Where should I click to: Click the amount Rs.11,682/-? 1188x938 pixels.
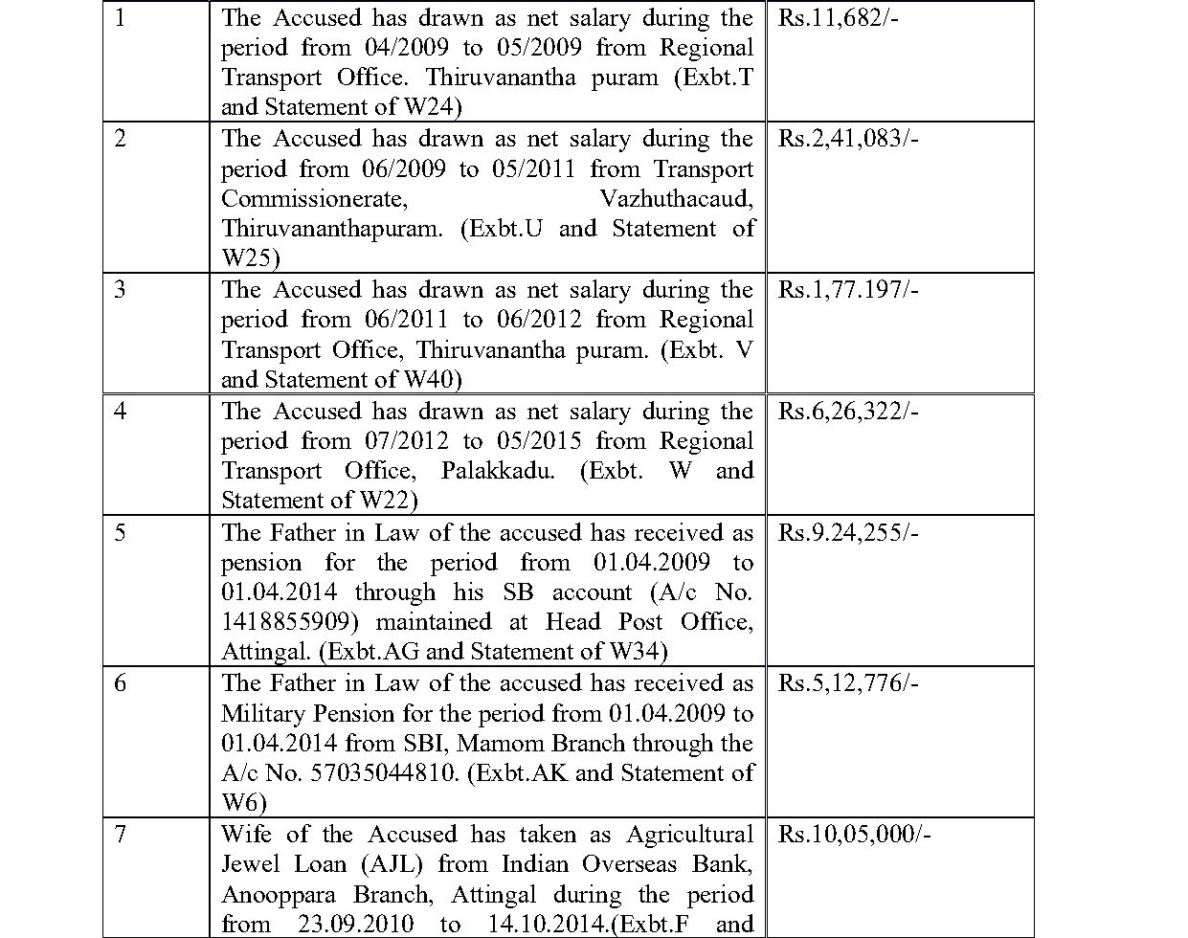838,18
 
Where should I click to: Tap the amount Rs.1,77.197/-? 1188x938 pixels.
848,290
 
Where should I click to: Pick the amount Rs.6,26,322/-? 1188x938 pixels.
848,412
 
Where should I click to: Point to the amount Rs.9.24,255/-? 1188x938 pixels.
848,533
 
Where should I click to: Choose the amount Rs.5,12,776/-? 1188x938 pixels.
848,683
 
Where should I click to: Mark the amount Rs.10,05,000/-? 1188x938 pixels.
855,835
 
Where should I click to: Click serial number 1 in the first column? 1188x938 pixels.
119,18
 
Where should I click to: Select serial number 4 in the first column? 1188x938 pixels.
119,412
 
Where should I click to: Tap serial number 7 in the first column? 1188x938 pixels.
119,835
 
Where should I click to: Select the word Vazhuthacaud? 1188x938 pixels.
676,199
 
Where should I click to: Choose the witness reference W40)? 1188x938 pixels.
432,380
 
